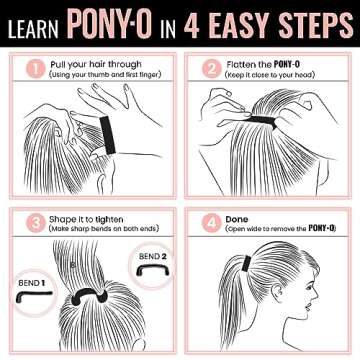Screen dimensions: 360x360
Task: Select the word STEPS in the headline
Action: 311,21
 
